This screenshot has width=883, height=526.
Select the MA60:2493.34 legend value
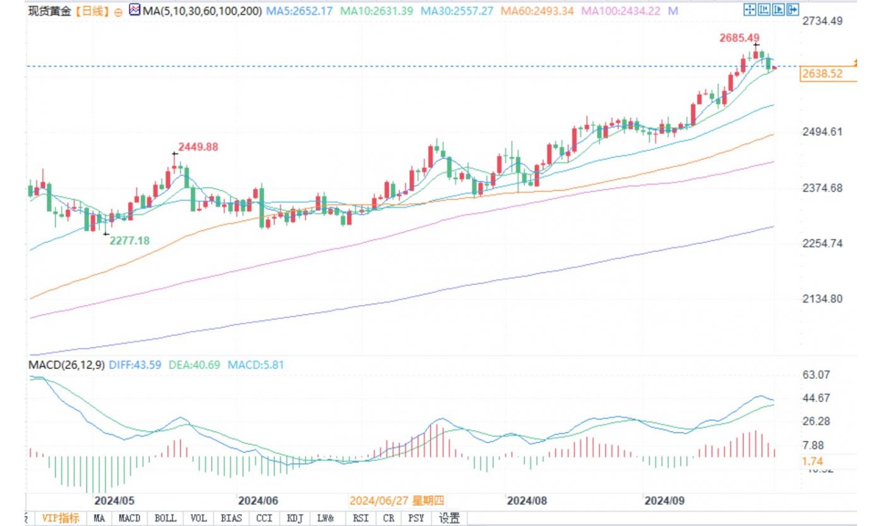(x=538, y=11)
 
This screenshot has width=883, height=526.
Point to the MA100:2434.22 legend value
(x=621, y=11)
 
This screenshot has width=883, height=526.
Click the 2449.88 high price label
(x=198, y=146)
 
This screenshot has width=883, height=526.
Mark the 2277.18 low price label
(x=129, y=241)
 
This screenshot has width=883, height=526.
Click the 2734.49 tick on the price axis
(x=822, y=21)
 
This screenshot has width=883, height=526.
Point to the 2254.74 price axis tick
(x=822, y=243)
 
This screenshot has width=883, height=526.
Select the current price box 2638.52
(x=822, y=74)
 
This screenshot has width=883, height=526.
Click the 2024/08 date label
(x=527, y=501)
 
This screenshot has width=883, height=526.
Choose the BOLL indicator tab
(x=165, y=518)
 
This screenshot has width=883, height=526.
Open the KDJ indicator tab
(x=295, y=518)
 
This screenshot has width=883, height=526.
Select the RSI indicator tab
(x=361, y=518)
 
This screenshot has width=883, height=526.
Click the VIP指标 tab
(x=61, y=518)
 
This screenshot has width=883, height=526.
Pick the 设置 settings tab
(x=449, y=518)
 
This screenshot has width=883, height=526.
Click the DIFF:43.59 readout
(x=135, y=365)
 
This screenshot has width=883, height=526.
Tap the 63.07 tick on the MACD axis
(x=815, y=374)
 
